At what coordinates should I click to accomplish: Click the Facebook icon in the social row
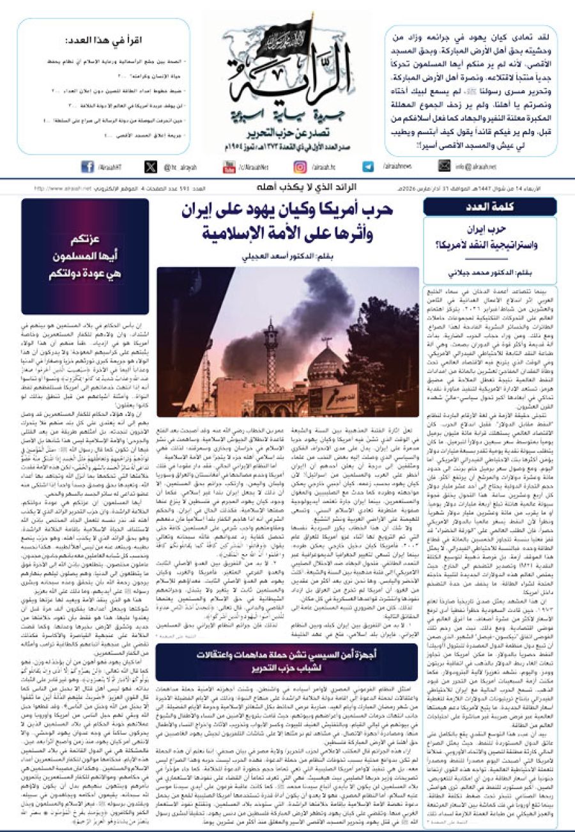click(88, 167)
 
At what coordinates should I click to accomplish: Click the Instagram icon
click(300, 167)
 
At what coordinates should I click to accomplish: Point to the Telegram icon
click(368, 167)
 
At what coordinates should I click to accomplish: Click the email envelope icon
click(444, 167)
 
